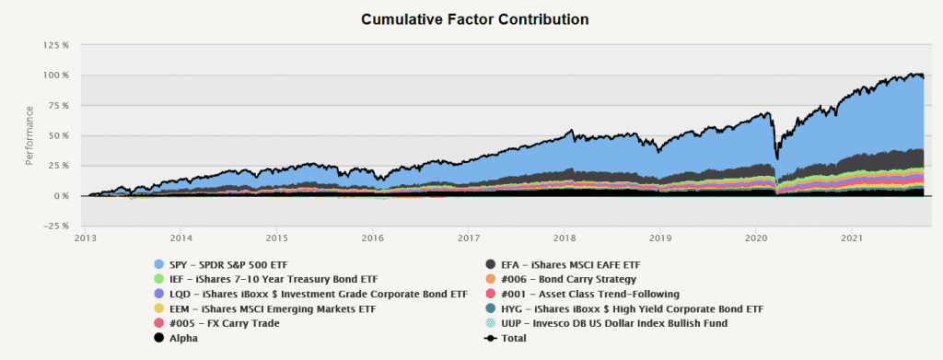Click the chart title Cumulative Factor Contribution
[474, 19]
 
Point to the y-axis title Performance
[29, 135]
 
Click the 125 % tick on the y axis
[57, 45]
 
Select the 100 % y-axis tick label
[57, 75]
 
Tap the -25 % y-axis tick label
[57, 226]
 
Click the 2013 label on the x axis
[86, 238]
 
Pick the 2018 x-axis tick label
[565, 238]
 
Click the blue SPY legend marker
[159, 264]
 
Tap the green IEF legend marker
[159, 279]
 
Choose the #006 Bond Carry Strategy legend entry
[561, 279]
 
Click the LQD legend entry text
[319, 294]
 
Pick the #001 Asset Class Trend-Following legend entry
[582, 294]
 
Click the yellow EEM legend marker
[159, 308]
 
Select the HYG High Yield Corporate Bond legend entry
[624, 308]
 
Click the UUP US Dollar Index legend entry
[606, 323]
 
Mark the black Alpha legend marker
[159, 338]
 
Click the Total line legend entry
[506, 338]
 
